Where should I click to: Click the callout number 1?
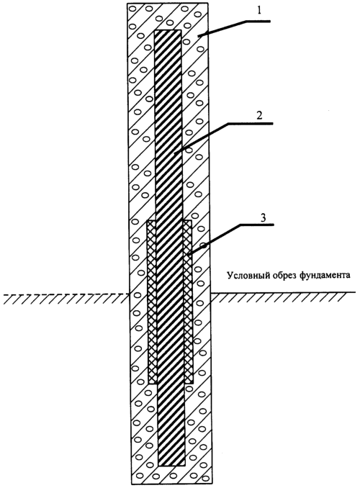point(259,11)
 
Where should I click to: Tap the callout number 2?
point(259,115)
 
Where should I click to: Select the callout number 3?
point(263,217)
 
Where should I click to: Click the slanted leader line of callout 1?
point(222,29)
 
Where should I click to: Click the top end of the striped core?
point(168,30)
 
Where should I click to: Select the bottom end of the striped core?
point(171,466)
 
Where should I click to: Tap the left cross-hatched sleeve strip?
point(152,302)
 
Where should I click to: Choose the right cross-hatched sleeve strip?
point(188,302)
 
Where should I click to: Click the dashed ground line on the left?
point(66,294)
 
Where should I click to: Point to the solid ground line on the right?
point(283,292)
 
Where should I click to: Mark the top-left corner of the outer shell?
point(127,3)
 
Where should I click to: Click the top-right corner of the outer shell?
point(207,3)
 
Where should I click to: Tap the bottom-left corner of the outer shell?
point(131,484)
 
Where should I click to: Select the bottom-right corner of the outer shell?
point(212,484)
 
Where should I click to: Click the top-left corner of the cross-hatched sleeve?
point(148,221)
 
